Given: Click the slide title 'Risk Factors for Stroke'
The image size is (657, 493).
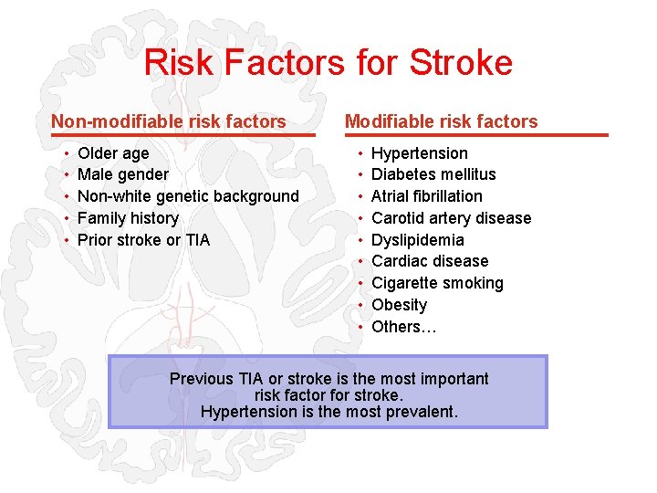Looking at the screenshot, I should (x=328, y=63).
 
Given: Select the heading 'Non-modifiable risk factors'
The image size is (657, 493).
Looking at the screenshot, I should (x=169, y=121).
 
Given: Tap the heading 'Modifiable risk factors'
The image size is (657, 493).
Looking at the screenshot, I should (x=441, y=121).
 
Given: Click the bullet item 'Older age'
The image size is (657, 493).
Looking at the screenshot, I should (x=113, y=153).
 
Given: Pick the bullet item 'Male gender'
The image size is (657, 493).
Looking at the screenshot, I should (x=123, y=174).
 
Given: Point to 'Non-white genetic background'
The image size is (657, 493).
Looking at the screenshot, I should (x=188, y=196).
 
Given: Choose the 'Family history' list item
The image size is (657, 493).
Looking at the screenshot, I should (x=128, y=218).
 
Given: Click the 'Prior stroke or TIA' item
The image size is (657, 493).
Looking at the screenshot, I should (x=143, y=240).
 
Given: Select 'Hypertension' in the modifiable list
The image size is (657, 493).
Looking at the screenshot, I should (x=419, y=153).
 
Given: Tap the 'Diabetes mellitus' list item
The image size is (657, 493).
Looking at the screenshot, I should (x=433, y=174).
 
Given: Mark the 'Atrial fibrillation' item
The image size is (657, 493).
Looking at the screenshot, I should (x=426, y=196).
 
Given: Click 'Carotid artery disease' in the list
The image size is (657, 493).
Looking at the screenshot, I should (x=451, y=218).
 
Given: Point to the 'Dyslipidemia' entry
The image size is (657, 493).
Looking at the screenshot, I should (x=417, y=240).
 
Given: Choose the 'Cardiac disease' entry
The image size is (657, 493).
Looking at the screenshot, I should (x=430, y=261).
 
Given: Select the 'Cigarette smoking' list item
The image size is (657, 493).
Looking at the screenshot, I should (x=437, y=283).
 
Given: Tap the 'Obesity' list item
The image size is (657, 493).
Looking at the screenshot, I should (x=399, y=305).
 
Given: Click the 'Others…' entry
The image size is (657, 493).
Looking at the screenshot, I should (x=403, y=327).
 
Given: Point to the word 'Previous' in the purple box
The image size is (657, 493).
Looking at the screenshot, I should (x=202, y=379).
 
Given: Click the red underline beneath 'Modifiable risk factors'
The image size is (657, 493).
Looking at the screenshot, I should (x=475, y=135).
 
